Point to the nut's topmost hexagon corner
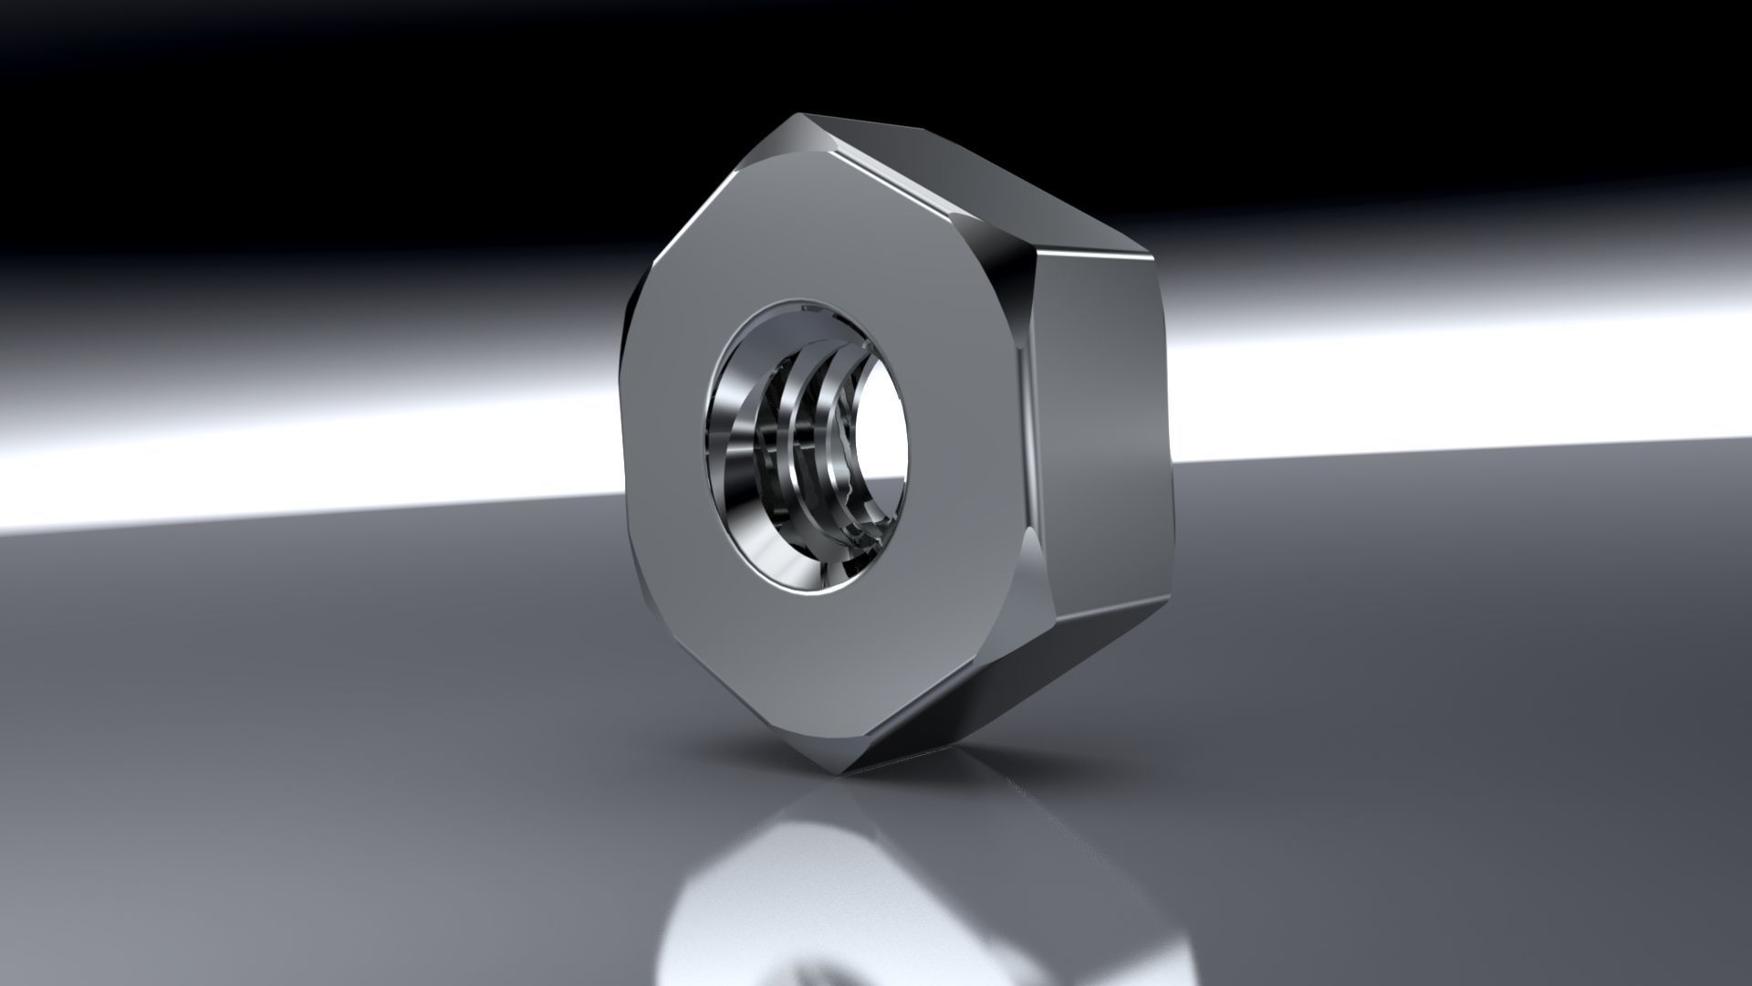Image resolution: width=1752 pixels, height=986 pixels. click(803, 116)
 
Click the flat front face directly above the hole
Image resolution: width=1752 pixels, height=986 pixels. click(821, 228)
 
